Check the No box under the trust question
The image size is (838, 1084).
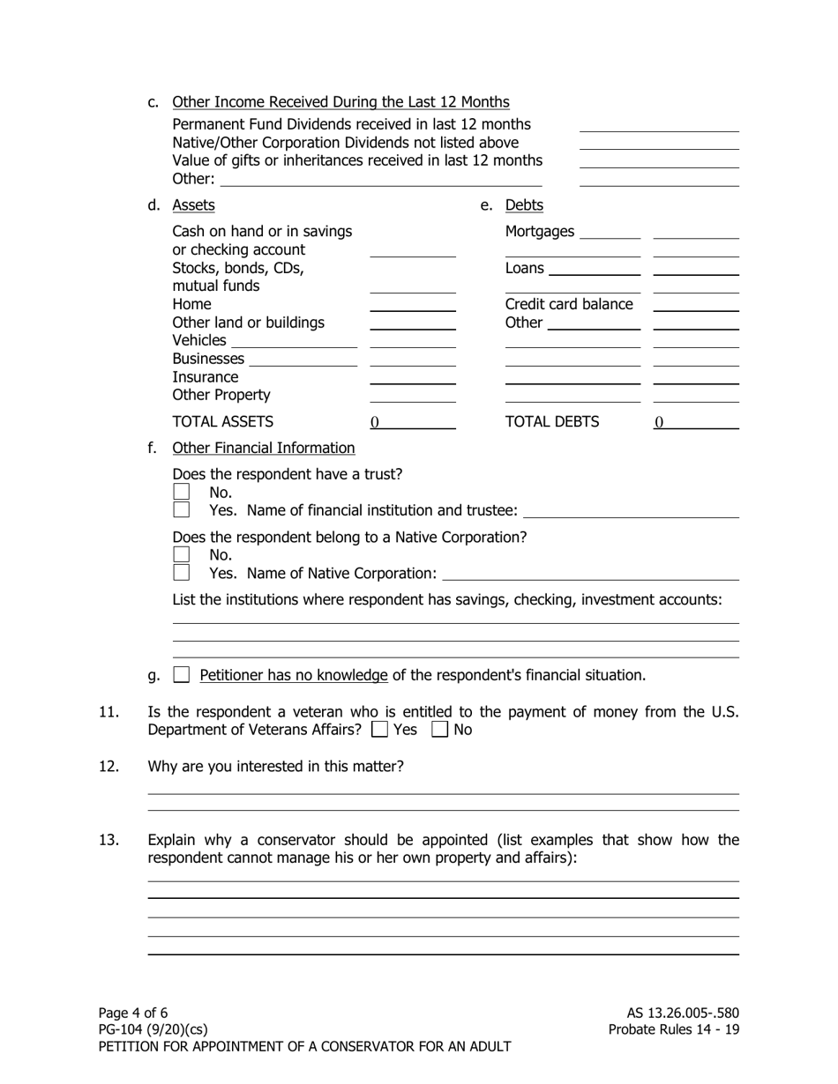[x=181, y=492]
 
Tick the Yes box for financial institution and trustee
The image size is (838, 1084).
[x=181, y=509]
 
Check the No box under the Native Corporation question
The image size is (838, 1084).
[x=181, y=554]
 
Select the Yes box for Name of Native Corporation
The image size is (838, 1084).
[x=181, y=572]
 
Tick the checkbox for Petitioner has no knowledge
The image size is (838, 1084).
[x=181, y=675]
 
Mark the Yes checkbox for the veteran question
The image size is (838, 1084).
[x=379, y=730]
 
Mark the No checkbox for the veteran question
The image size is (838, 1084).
[x=439, y=730]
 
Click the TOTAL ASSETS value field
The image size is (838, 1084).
[x=412, y=422]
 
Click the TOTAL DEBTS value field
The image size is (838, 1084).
[x=696, y=422]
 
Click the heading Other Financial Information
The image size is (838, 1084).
[x=263, y=448]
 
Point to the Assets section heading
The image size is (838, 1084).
[x=193, y=205]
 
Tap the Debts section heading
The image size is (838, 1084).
[x=524, y=205]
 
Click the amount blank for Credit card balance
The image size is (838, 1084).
[x=696, y=305]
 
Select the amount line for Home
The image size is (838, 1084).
[x=412, y=305]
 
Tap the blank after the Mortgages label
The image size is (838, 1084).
[x=610, y=233]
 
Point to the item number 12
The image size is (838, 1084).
[x=108, y=767]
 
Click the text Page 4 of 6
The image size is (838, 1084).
[x=133, y=1013]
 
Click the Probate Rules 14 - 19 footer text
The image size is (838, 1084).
[x=674, y=1029]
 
